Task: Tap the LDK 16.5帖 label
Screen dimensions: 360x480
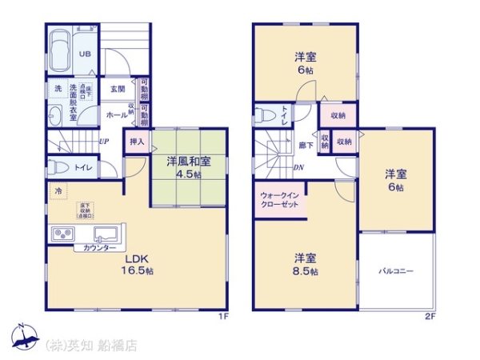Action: click(138, 265)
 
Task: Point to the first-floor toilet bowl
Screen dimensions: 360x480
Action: click(58, 169)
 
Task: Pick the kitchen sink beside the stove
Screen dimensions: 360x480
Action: click(105, 234)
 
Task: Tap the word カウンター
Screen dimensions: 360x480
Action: click(90, 249)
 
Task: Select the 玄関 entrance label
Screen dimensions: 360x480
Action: click(118, 89)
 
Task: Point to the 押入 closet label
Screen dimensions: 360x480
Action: click(137, 142)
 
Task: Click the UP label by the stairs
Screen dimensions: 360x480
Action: click(104, 142)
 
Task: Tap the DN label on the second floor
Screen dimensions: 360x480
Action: click(298, 167)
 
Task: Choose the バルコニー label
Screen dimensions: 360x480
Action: click(396, 271)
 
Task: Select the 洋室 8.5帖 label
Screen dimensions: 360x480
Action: click(306, 264)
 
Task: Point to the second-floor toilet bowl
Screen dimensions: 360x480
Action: click(265, 114)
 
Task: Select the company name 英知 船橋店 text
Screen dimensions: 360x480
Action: click(92, 346)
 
